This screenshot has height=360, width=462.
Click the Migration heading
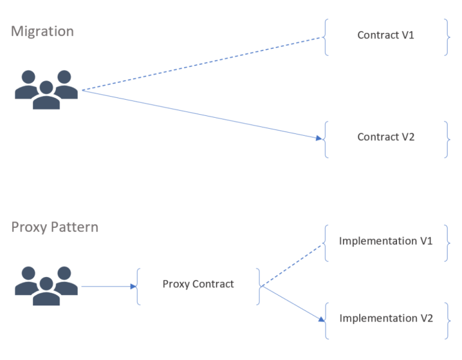click(x=42, y=31)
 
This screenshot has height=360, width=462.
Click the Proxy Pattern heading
click(x=54, y=228)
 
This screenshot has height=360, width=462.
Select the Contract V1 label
click(x=386, y=35)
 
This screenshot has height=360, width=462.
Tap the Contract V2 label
click(x=386, y=137)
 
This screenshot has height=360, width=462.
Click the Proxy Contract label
click(x=198, y=284)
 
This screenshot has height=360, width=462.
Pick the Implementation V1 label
click(x=386, y=241)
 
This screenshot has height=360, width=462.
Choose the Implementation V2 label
click(x=386, y=318)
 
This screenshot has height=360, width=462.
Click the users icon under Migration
click(x=46, y=90)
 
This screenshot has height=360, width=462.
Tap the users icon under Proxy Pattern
click(x=46, y=286)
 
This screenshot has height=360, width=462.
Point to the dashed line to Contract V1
click(x=202, y=64)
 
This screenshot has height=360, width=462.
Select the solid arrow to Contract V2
click(x=202, y=114)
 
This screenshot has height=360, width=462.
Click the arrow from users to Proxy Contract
click(x=108, y=287)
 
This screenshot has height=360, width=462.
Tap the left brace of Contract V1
click(x=325, y=37)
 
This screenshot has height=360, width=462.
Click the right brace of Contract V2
click(x=446, y=139)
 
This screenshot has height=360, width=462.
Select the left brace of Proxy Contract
click(x=138, y=287)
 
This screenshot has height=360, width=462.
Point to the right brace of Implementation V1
click(x=446, y=243)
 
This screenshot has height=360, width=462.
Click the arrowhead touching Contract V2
click(x=319, y=138)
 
